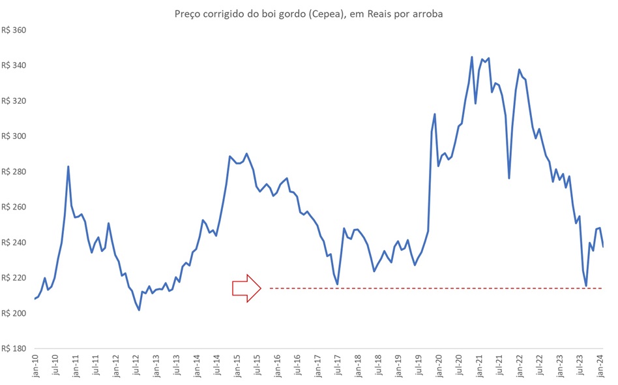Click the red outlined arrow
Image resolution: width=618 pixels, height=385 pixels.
[247, 288]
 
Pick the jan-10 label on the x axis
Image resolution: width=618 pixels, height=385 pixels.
[35, 368]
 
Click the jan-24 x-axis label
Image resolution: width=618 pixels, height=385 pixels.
[602, 368]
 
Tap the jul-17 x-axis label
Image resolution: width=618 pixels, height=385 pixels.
[338, 368]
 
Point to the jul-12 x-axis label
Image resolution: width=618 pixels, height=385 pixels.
[136, 368]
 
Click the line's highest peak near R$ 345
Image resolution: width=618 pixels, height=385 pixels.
[472, 57]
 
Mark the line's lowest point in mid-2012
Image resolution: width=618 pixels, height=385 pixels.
[140, 309]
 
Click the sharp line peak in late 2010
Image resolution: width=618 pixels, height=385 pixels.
[68, 166]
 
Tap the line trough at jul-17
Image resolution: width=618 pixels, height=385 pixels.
[338, 284]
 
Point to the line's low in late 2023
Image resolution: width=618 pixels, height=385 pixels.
[586, 286]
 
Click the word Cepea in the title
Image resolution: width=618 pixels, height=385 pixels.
[318, 14]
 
